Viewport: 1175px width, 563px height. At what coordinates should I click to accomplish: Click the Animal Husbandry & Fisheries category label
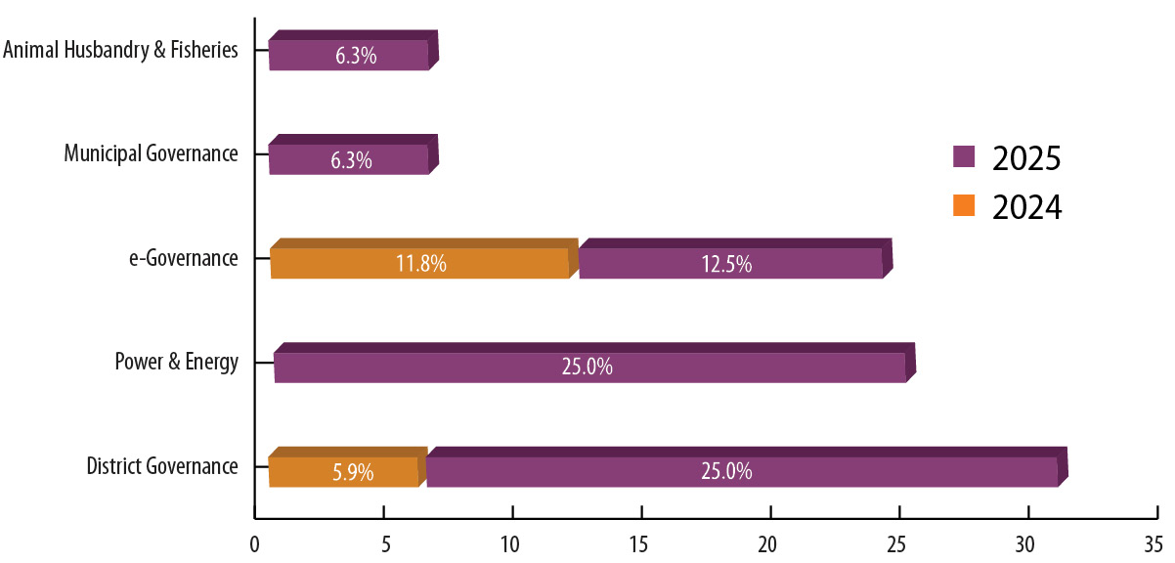[120, 50]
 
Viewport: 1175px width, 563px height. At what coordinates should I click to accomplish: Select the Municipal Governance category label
[151, 153]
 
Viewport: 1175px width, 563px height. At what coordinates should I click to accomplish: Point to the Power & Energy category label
[176, 363]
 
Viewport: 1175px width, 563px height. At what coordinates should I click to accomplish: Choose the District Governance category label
[162, 466]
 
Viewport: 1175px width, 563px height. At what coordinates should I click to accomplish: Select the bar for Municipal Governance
[349, 158]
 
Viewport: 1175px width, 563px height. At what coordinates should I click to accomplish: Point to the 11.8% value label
[421, 264]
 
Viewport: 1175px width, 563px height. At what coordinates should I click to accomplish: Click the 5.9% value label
[353, 472]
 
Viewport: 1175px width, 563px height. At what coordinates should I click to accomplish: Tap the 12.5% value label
[726, 264]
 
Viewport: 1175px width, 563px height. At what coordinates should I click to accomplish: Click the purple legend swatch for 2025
[965, 156]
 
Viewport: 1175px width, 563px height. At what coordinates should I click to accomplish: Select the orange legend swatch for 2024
[965, 206]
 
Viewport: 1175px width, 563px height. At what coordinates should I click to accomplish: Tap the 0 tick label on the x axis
[254, 541]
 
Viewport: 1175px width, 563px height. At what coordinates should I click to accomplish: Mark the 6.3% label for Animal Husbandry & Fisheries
[355, 56]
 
